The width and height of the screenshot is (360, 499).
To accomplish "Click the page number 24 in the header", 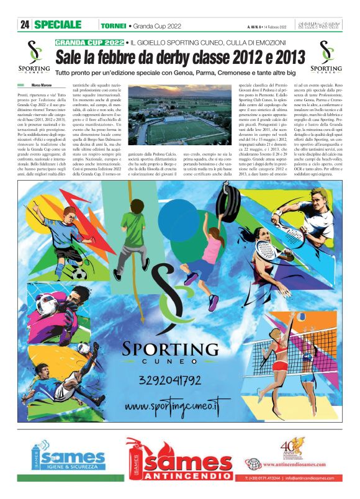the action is pos(25,25).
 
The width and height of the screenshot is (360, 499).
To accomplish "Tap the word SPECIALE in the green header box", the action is pos(58,25).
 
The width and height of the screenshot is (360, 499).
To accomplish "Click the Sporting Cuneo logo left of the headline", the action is pos(34,57).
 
